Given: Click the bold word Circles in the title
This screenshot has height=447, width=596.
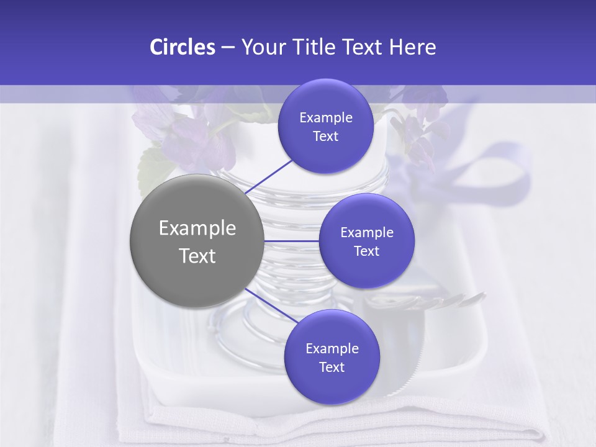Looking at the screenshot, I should point(183,47).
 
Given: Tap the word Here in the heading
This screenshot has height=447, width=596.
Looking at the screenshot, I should point(413,47).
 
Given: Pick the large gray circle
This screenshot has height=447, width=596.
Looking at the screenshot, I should point(197,242).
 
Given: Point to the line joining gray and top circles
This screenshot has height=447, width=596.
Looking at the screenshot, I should point(269,176).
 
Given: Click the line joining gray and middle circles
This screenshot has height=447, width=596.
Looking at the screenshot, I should point(291,241).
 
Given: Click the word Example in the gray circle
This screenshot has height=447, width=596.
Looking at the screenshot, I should point(197,228).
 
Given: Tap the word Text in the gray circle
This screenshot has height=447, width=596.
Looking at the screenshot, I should point(197,256).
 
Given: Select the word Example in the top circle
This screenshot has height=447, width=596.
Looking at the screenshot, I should point(326,118).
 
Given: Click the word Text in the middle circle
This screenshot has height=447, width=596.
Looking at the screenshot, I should point(366,251).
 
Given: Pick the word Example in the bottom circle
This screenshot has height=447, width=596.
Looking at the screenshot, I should point(332,349).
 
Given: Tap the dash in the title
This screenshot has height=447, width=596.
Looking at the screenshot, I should point(227,48).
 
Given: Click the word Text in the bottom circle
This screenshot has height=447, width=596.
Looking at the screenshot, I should point(332,368).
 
